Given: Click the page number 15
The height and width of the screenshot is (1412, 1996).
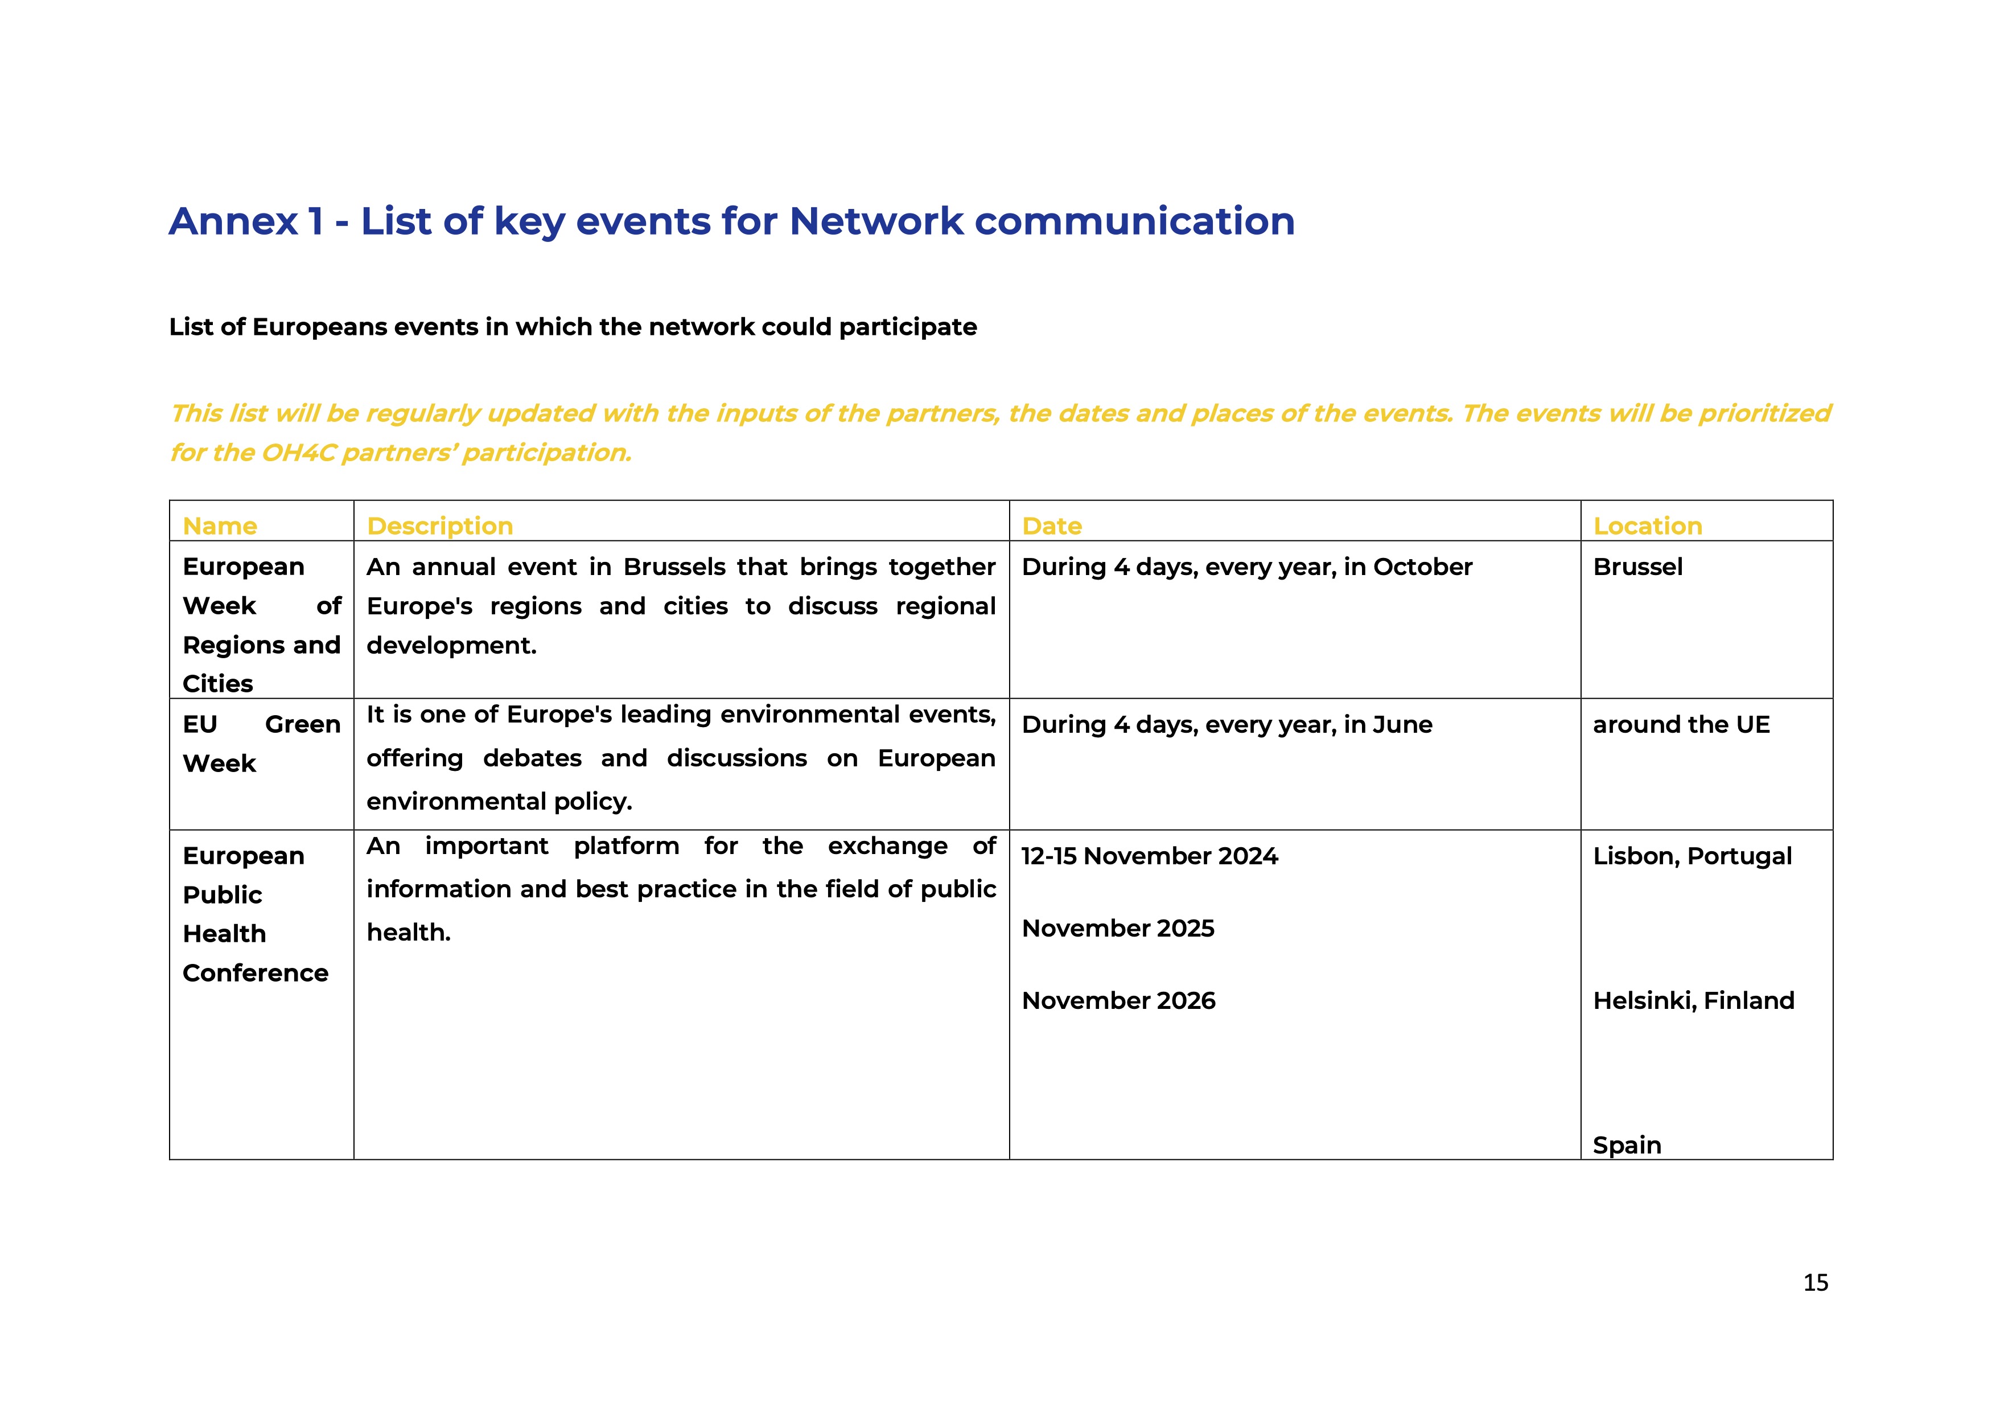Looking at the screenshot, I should point(1815,1282).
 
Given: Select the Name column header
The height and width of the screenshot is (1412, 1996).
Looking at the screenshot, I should point(220,526).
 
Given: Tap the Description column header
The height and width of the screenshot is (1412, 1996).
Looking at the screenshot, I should point(440,526).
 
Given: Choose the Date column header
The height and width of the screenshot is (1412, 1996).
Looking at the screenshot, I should point(1052,526).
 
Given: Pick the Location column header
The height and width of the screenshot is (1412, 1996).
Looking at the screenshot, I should point(1647,526).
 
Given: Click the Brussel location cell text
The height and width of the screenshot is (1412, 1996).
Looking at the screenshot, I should point(1638,567).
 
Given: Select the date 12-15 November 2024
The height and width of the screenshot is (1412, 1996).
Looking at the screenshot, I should point(1149,856).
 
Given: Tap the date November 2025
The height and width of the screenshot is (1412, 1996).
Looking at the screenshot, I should point(1118,929).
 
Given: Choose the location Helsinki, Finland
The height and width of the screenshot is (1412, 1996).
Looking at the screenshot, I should point(1693,1001).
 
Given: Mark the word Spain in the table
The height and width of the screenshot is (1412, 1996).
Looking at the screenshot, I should point(1627,1145).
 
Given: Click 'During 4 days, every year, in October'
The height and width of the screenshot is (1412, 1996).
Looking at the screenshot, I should point(1246,567).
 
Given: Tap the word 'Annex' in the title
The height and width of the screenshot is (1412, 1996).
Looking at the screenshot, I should point(233,221).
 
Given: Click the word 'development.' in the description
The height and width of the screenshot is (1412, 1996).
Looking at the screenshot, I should point(451,645).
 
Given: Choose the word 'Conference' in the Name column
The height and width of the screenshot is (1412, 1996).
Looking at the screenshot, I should point(256,973).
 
